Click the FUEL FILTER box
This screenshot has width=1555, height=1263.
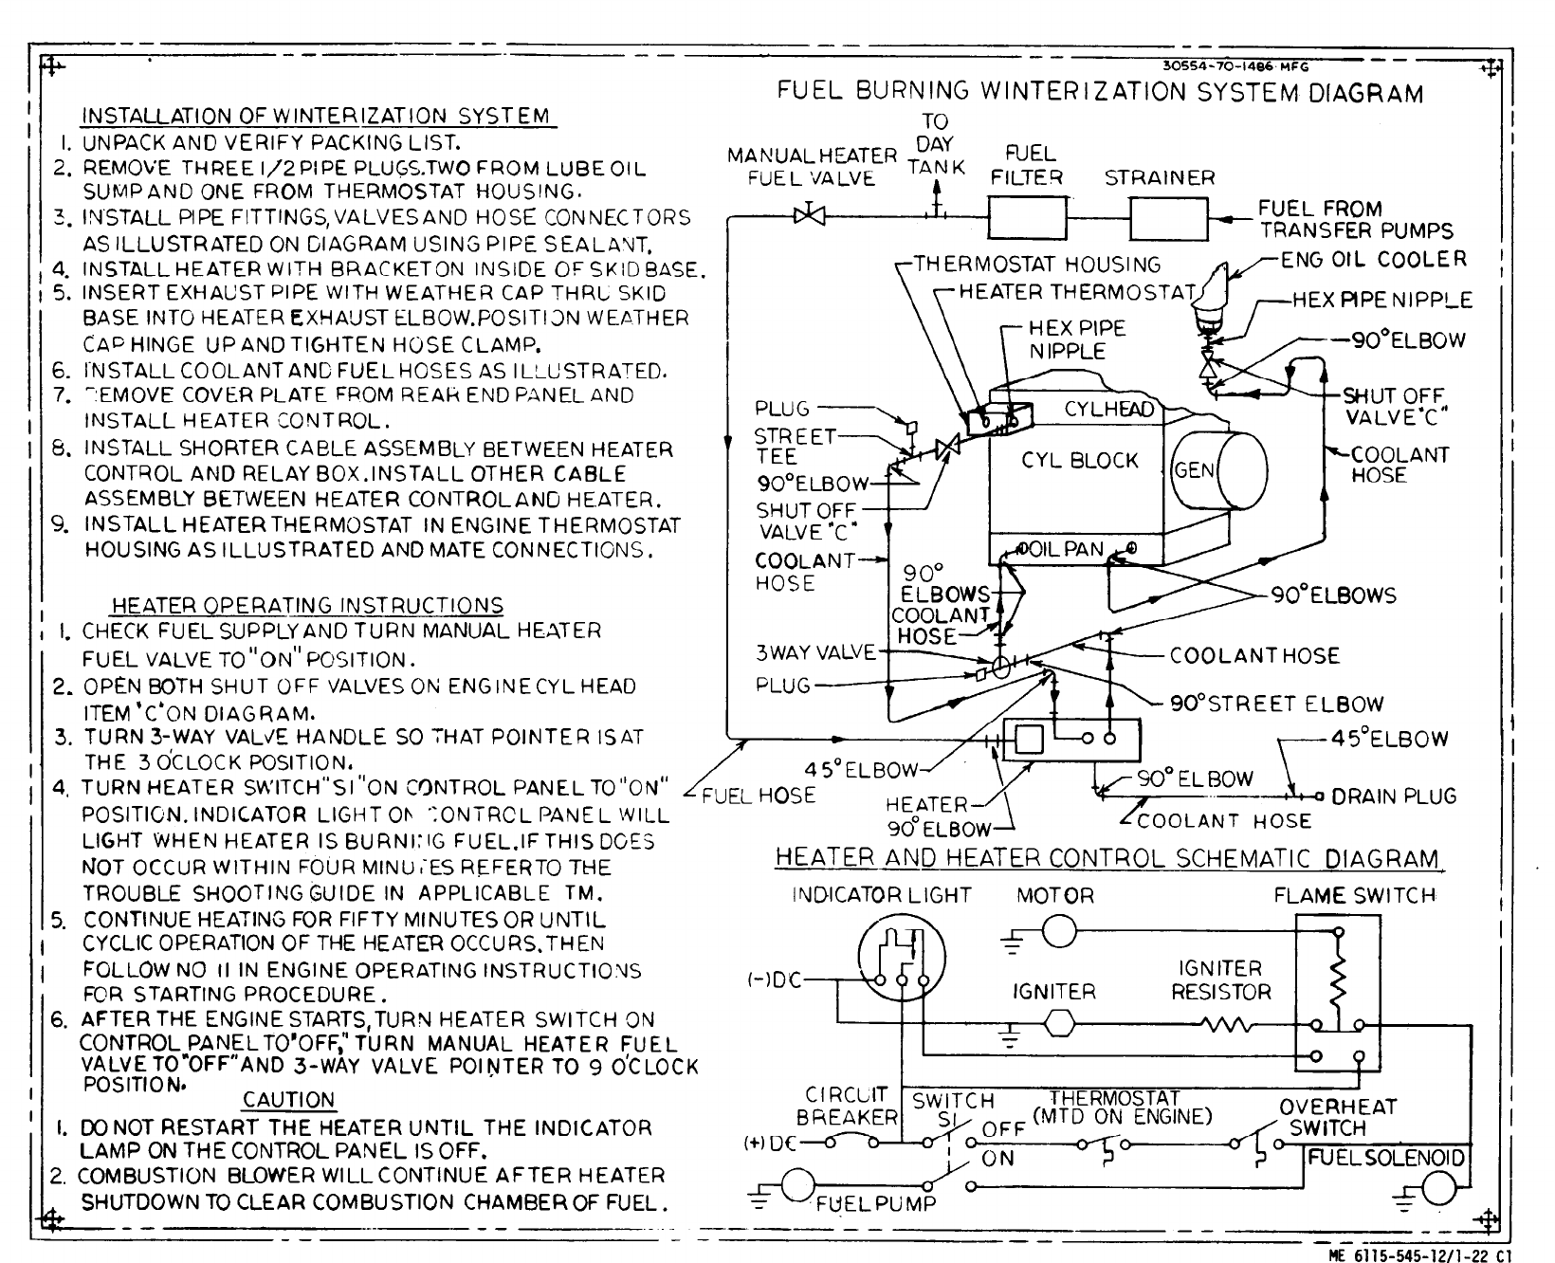tap(1028, 218)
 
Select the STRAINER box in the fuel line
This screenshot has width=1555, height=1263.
tap(1168, 219)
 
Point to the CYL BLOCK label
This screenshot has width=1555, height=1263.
tap(1079, 461)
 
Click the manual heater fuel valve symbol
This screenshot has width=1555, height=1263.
tap(810, 215)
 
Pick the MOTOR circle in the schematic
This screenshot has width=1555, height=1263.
tap(1058, 933)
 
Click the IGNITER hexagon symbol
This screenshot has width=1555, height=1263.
tap(1058, 1024)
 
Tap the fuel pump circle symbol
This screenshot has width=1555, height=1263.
tap(798, 1184)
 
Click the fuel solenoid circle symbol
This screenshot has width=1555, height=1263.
tap(1437, 1189)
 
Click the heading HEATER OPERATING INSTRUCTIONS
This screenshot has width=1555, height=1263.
tap(307, 605)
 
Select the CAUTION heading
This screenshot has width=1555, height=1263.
tap(288, 1100)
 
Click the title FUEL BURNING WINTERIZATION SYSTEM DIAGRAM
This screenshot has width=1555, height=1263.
tap(1100, 92)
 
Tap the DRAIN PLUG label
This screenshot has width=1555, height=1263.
tap(1394, 796)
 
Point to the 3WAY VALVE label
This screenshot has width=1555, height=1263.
tap(816, 652)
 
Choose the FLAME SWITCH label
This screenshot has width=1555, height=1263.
tap(1354, 895)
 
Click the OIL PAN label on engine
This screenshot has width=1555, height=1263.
tap(1069, 549)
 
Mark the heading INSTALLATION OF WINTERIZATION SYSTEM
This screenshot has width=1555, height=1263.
tap(317, 116)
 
